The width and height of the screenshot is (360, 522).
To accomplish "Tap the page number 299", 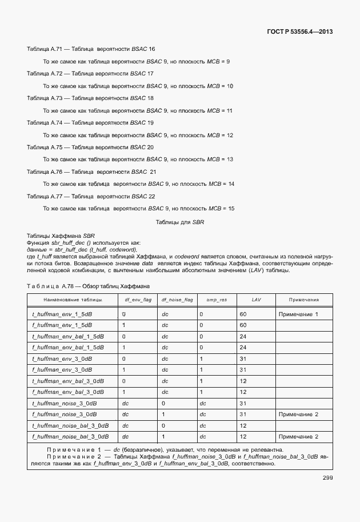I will [x=327, y=478].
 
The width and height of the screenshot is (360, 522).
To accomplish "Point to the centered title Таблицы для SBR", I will [x=180, y=221].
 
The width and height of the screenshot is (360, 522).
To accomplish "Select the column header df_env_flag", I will [x=138, y=300].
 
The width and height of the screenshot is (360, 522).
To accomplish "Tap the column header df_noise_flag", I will [x=177, y=300].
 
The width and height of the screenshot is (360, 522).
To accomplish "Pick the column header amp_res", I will [x=217, y=300].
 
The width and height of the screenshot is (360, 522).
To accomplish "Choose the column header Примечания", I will [x=303, y=300].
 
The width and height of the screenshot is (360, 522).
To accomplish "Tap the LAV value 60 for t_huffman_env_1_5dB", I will [x=243, y=314].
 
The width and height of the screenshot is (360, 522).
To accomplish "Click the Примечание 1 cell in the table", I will [x=298, y=314].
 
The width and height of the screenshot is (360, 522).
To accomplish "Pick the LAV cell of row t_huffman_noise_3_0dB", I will [x=243, y=403].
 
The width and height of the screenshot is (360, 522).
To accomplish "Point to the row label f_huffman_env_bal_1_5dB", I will [x=67, y=348].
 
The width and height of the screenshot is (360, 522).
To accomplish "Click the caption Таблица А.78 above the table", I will [x=89, y=285].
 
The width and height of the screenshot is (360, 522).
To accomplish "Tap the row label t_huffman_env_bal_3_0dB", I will [x=67, y=381].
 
